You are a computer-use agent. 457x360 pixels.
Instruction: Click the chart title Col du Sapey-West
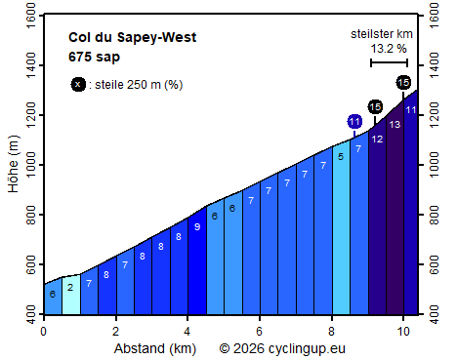[x=133, y=38]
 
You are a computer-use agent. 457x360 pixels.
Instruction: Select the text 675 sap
[x=95, y=57]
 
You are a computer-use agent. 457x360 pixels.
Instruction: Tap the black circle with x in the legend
[x=78, y=84]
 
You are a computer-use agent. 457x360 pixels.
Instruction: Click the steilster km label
[x=381, y=34]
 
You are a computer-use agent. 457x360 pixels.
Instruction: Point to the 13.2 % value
[x=388, y=48]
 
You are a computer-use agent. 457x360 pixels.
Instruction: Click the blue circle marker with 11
[x=354, y=121]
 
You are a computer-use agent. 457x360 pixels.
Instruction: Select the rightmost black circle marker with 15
[x=403, y=83]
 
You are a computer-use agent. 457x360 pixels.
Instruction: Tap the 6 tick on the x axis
[x=259, y=330]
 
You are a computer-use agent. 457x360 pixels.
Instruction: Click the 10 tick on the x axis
[x=403, y=330]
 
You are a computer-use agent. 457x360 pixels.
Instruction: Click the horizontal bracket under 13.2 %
[x=388, y=63]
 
